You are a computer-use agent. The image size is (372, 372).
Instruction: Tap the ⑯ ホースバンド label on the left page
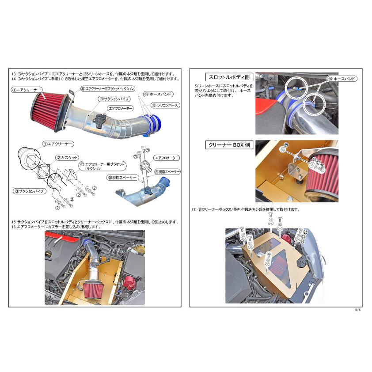tap(158, 94)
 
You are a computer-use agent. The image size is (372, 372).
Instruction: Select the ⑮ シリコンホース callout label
tap(165, 105)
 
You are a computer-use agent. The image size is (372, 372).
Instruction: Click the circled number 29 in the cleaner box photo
tap(285, 145)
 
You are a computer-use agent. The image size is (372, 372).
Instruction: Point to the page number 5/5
tap(358, 310)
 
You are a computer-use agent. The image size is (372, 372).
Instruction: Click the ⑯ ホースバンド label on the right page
tap(342, 78)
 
